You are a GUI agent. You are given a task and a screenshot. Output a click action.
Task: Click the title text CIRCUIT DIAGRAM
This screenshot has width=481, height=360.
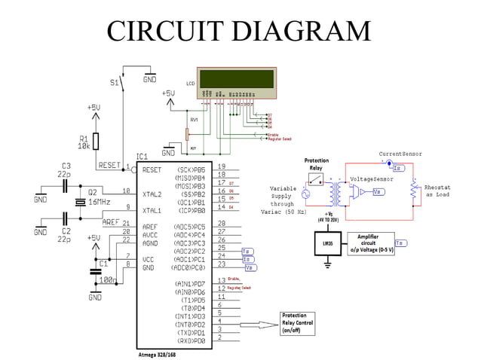pos(239,31)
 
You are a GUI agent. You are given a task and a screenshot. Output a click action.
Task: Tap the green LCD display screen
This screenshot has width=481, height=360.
pos(237,78)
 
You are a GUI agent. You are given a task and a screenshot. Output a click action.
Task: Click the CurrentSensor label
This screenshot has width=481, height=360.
pos(401,153)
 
